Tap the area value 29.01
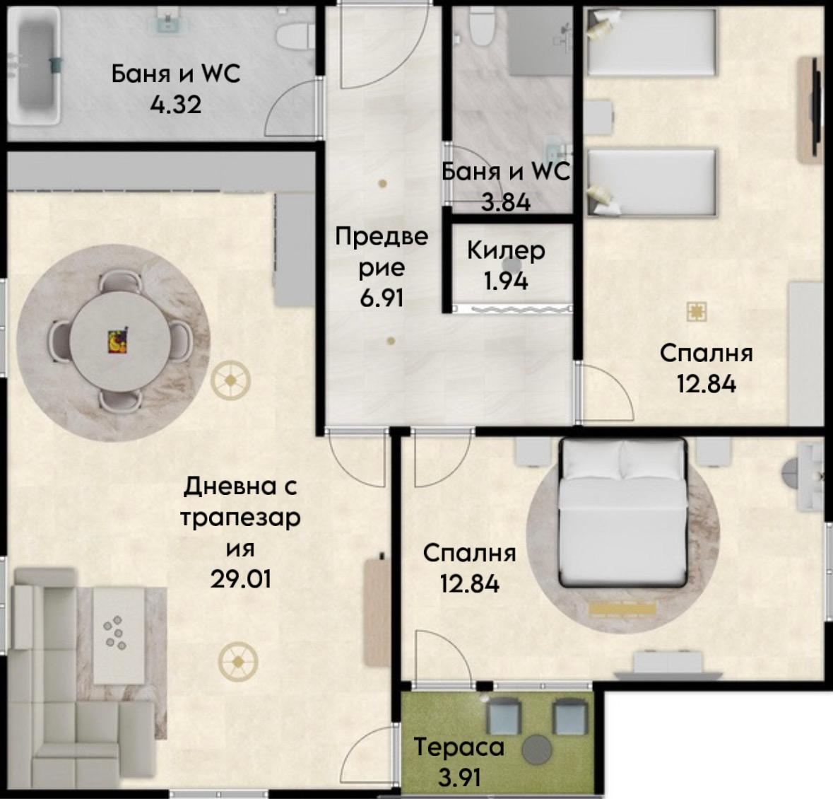click(x=241, y=578)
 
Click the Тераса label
click(x=459, y=747)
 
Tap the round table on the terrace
click(x=536, y=749)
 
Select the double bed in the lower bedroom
click(x=622, y=513)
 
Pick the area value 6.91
click(x=382, y=298)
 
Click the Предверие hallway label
click(x=382, y=252)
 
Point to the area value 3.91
click(x=459, y=778)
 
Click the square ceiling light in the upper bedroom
click(x=696, y=312)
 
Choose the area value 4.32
click(x=176, y=105)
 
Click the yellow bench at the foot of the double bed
click(x=622, y=609)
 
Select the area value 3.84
click(x=506, y=202)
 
